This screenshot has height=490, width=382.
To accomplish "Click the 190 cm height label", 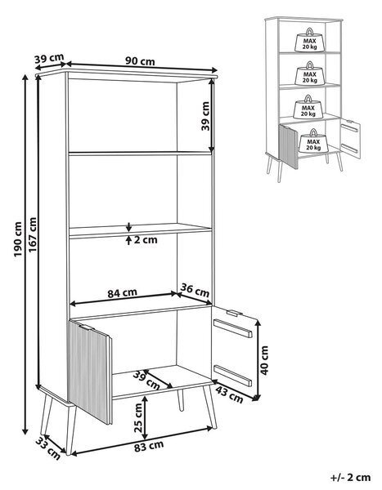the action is click(x=18, y=239).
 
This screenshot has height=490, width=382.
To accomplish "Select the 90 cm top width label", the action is click(x=140, y=60).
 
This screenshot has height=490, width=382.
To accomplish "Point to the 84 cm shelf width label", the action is click(x=123, y=293).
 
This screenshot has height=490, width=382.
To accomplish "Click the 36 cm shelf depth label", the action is click(x=195, y=291).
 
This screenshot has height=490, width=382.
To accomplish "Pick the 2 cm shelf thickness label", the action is click(x=146, y=240).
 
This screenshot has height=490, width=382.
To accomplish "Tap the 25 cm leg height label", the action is click(x=137, y=417).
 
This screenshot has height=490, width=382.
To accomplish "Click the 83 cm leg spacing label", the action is click(x=149, y=446).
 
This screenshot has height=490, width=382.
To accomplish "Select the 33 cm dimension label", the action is click(x=48, y=448).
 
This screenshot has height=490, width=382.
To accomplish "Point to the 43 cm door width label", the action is click(x=230, y=395).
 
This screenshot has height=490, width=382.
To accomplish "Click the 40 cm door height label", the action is click(x=265, y=360).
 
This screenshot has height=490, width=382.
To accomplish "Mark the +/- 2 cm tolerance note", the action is click(x=350, y=477).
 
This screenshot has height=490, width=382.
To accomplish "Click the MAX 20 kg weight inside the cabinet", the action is click(x=314, y=141).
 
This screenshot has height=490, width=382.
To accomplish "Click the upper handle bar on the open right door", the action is click(x=232, y=328).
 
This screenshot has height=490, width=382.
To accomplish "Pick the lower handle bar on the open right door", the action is click(x=232, y=375).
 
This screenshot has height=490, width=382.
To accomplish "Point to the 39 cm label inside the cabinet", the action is click(x=146, y=380).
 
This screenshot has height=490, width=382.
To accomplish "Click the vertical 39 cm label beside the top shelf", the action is click(x=204, y=116).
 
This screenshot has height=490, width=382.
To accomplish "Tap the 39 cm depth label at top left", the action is click(x=49, y=59).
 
